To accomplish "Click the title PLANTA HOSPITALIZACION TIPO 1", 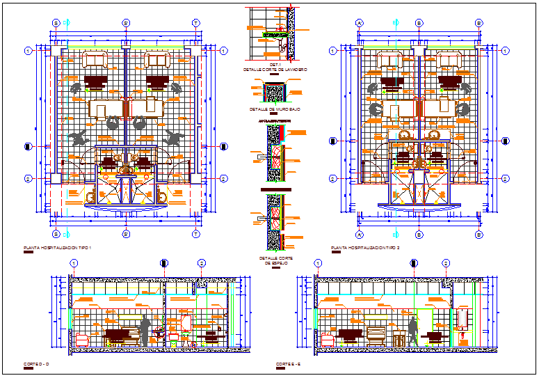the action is pos(58,248).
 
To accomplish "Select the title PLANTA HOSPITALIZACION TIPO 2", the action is pos(365,248).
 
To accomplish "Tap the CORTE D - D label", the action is pos(35,365).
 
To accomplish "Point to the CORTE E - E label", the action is pos(288,365).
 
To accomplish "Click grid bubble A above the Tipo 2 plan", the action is pos(360,22).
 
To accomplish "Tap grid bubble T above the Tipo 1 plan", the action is pos(196,22).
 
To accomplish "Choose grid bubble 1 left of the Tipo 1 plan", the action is pos(29,50).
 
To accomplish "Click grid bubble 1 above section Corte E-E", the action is pos(318,263).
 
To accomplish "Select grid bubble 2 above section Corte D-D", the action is pos(202,263).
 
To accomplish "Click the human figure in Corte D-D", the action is pos(145,330).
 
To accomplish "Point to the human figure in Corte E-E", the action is pos(413,331).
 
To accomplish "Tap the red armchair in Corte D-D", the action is pos(83,340).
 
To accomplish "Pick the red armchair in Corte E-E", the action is pos(327,340).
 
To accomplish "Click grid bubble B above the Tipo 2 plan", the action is pos(419,22).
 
